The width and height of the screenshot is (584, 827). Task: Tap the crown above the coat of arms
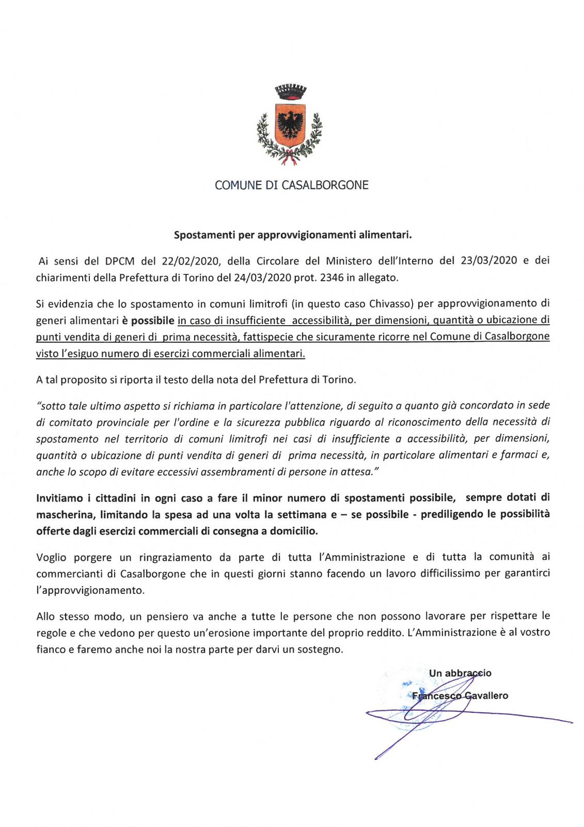(x=290, y=92)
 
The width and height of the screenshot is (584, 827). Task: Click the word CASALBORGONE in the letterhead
(x=325, y=185)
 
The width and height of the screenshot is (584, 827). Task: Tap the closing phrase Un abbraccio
(x=460, y=673)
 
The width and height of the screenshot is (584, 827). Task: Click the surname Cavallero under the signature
(x=486, y=696)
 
